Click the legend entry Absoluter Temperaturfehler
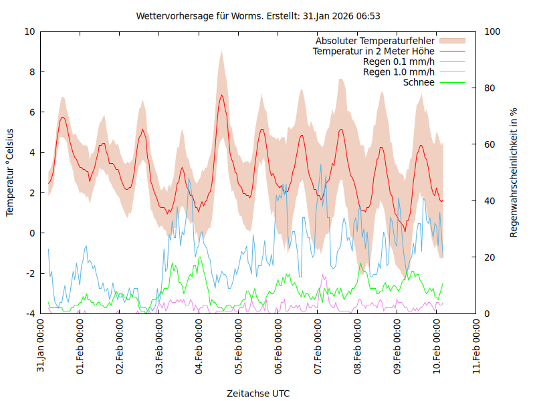click(x=375, y=40)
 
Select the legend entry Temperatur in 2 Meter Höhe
click(x=374, y=51)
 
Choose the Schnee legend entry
click(x=419, y=82)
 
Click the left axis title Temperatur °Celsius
click(x=10, y=172)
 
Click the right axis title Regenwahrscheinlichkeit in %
click(x=514, y=172)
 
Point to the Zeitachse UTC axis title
click(x=258, y=393)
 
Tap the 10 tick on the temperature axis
click(x=29, y=31)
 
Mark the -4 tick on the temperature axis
click(x=29, y=313)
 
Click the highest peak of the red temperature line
click(x=221, y=95)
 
